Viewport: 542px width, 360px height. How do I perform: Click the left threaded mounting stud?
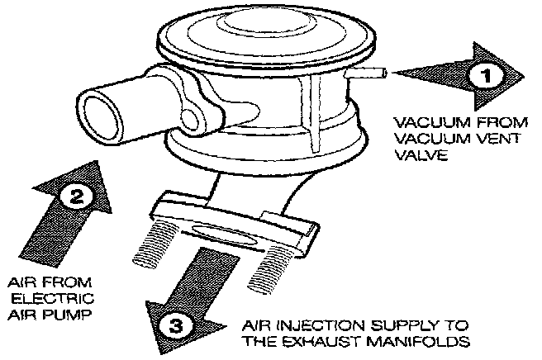154,247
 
